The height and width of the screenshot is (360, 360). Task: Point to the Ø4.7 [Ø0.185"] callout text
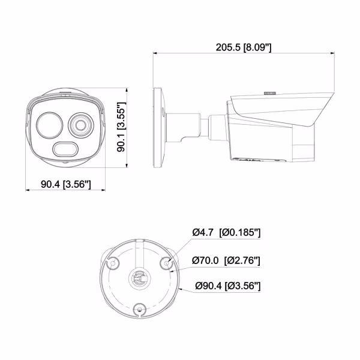[x=226, y=233]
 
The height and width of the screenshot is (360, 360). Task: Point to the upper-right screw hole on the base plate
[x=168, y=261]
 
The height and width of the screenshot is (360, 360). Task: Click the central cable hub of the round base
[x=140, y=279]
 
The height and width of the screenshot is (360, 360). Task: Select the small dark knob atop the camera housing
[x=269, y=94]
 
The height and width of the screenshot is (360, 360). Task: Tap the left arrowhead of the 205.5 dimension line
[x=155, y=53]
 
